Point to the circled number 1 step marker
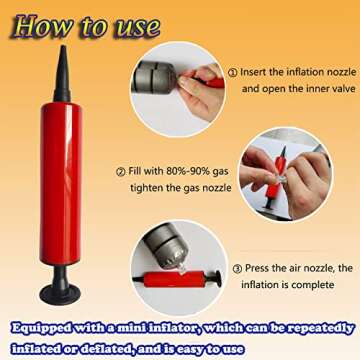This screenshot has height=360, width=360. [x=233, y=72]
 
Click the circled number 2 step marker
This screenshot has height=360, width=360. [x=121, y=172]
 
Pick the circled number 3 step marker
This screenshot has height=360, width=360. [x=237, y=269]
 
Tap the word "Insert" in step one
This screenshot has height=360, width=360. [x=254, y=72]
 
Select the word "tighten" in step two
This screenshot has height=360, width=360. [x=146, y=188]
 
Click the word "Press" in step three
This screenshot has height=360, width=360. [x=259, y=268]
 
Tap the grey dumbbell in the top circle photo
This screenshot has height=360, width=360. [x=154, y=78]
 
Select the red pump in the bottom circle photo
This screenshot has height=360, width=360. [x=177, y=279]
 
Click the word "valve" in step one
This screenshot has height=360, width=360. [x=341, y=89]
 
